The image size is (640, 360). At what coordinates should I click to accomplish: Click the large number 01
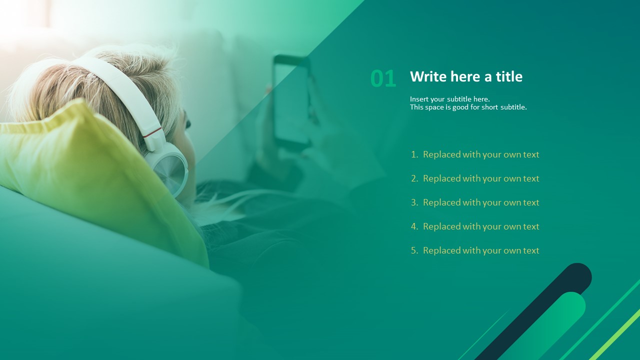383,78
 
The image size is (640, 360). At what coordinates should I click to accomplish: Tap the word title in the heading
509,76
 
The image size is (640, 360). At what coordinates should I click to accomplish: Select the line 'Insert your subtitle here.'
449,99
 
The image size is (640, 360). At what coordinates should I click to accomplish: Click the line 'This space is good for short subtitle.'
468,107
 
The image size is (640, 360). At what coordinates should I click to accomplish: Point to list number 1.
414,154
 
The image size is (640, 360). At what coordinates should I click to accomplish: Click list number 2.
414,178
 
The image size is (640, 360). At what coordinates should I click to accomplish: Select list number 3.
414,202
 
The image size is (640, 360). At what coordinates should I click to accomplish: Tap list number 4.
414,226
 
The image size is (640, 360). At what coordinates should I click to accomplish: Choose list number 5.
414,250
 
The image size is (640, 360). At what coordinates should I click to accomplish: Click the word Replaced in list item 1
441,154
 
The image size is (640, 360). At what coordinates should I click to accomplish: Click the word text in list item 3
531,202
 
